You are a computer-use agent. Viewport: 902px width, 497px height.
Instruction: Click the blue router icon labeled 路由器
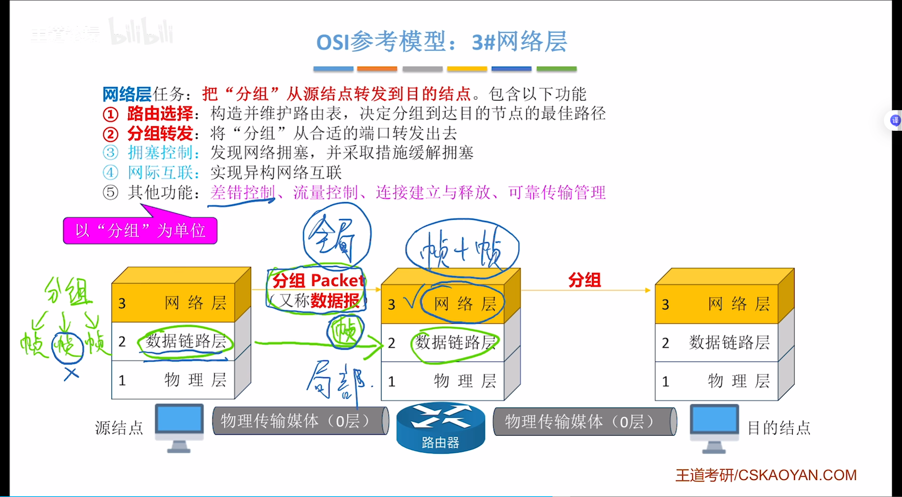coord(440,427)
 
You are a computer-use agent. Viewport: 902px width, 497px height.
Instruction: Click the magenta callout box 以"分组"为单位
coord(140,231)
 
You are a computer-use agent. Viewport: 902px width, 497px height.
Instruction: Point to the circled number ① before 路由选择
coord(110,114)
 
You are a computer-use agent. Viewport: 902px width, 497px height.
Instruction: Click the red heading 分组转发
coord(160,134)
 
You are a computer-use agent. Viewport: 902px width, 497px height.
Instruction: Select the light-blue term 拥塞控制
coord(160,153)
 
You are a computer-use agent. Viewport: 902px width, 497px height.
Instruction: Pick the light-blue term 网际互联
coord(160,172)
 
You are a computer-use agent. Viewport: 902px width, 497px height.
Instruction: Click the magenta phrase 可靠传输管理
coord(556,192)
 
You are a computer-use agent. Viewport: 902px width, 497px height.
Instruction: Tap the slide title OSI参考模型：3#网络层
coord(441,42)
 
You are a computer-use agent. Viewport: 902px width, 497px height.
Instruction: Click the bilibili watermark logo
coord(141,32)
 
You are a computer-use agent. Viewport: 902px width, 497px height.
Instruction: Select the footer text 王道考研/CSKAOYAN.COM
coord(766,475)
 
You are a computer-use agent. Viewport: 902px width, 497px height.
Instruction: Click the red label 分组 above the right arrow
coord(584,280)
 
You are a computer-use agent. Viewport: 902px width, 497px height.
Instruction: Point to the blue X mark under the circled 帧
coord(71,373)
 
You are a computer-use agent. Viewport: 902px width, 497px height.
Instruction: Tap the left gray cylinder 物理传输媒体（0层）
coord(300,421)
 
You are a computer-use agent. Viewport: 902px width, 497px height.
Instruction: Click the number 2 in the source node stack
coord(122,342)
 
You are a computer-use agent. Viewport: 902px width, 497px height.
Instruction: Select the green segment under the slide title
coord(556,69)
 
